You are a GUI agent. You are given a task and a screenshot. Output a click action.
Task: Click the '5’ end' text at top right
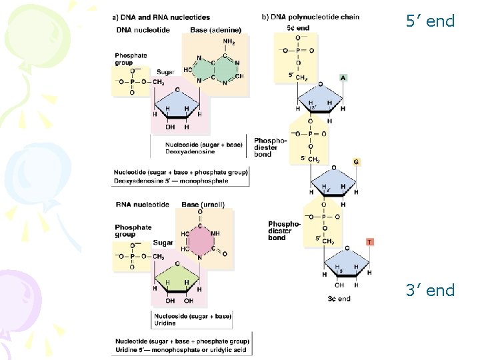click(430, 21)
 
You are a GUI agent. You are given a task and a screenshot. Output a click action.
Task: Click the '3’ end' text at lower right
click(430, 291)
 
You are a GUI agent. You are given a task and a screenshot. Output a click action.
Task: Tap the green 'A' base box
click(343, 77)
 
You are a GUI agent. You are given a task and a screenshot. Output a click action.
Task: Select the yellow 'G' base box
click(357, 162)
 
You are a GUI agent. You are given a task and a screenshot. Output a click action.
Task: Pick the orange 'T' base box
click(370, 241)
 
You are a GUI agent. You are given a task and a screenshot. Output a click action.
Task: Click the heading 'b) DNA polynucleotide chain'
click(311, 17)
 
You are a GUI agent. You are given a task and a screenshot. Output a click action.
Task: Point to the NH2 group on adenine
click(229, 42)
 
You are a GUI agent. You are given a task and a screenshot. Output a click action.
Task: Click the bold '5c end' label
click(298, 28)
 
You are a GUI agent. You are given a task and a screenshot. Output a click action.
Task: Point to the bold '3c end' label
click(339, 299)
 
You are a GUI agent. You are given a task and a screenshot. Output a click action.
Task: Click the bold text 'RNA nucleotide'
click(142, 204)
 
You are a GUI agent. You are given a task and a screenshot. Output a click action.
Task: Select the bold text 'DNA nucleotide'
click(142, 30)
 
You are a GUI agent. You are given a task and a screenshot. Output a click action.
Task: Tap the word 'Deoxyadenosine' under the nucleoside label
click(177, 151)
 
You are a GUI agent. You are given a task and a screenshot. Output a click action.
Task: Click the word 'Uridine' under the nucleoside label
click(165, 323)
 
